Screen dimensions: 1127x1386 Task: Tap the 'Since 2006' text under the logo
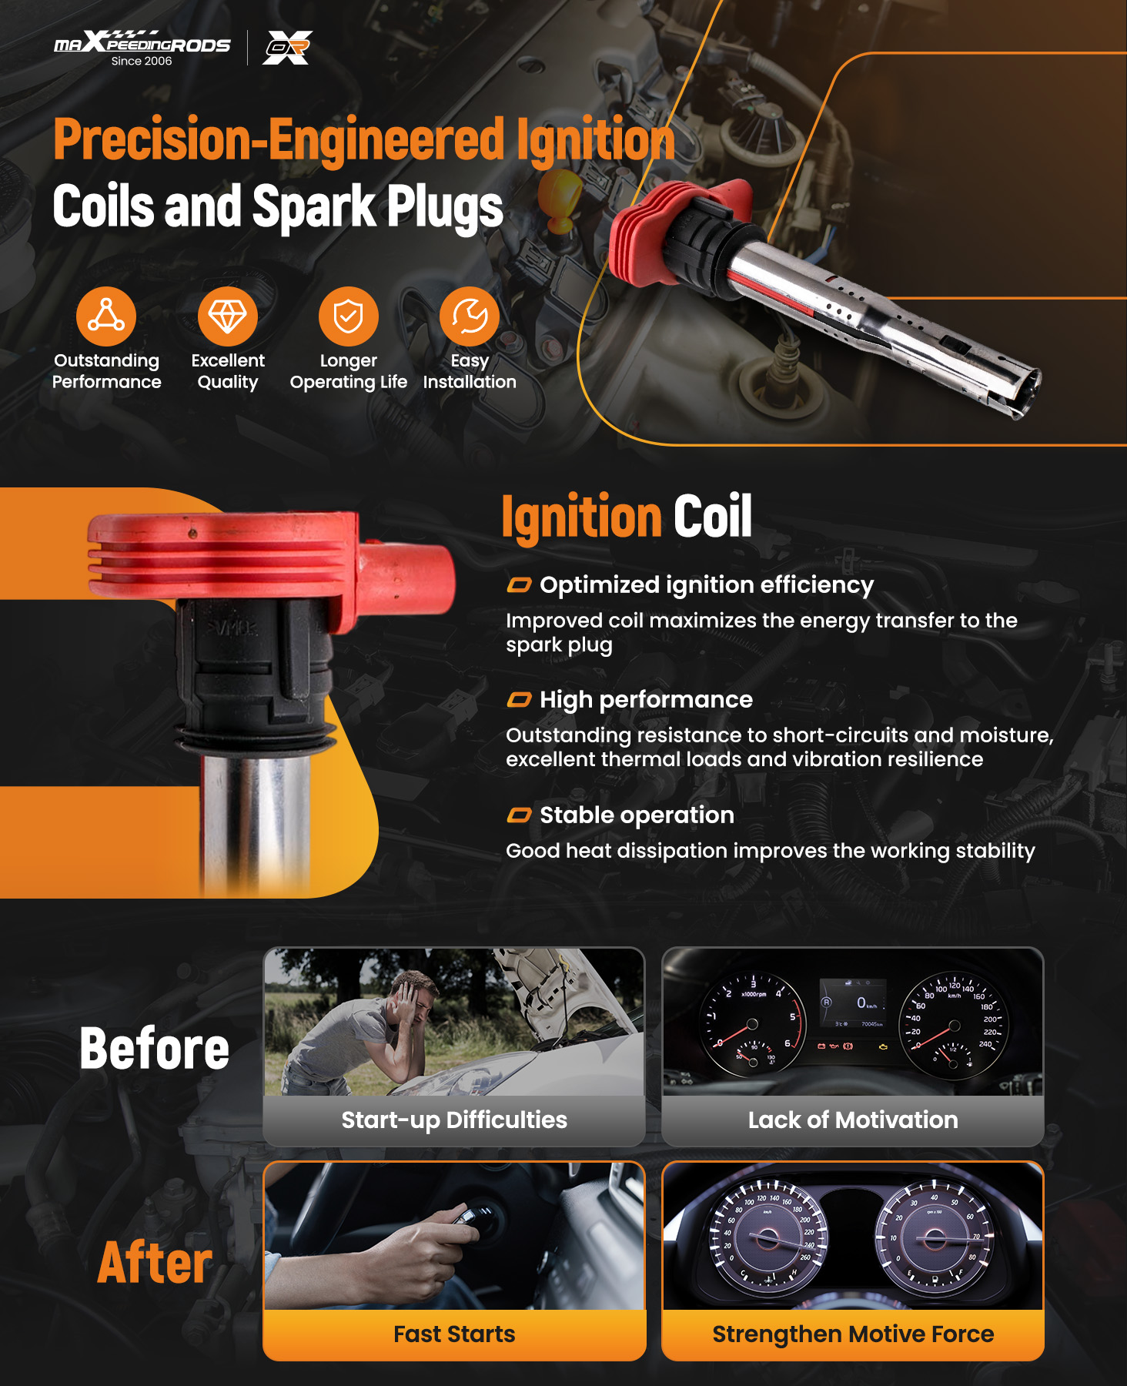click(x=142, y=62)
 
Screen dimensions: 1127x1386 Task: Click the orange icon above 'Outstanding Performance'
click(x=106, y=316)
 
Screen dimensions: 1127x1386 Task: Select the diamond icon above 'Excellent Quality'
click(x=228, y=316)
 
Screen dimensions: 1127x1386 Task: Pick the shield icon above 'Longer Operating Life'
click(x=349, y=316)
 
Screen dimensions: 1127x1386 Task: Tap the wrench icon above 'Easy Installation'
click(x=470, y=316)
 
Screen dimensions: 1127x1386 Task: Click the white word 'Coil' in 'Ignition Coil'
click(x=713, y=516)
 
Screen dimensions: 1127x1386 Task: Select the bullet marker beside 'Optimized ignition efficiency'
click(x=519, y=585)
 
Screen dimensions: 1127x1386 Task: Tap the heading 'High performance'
click(x=646, y=700)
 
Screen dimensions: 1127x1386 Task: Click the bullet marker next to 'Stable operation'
click(x=519, y=815)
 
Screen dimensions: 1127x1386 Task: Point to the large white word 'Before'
click(x=155, y=1049)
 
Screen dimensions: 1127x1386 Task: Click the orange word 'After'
click(x=155, y=1263)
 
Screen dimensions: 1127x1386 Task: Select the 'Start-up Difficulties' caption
click(x=454, y=1120)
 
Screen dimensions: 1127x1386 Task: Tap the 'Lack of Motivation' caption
click(x=853, y=1120)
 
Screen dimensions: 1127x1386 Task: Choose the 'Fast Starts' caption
click(x=454, y=1334)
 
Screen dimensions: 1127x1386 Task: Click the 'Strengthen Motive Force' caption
click(x=853, y=1334)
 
